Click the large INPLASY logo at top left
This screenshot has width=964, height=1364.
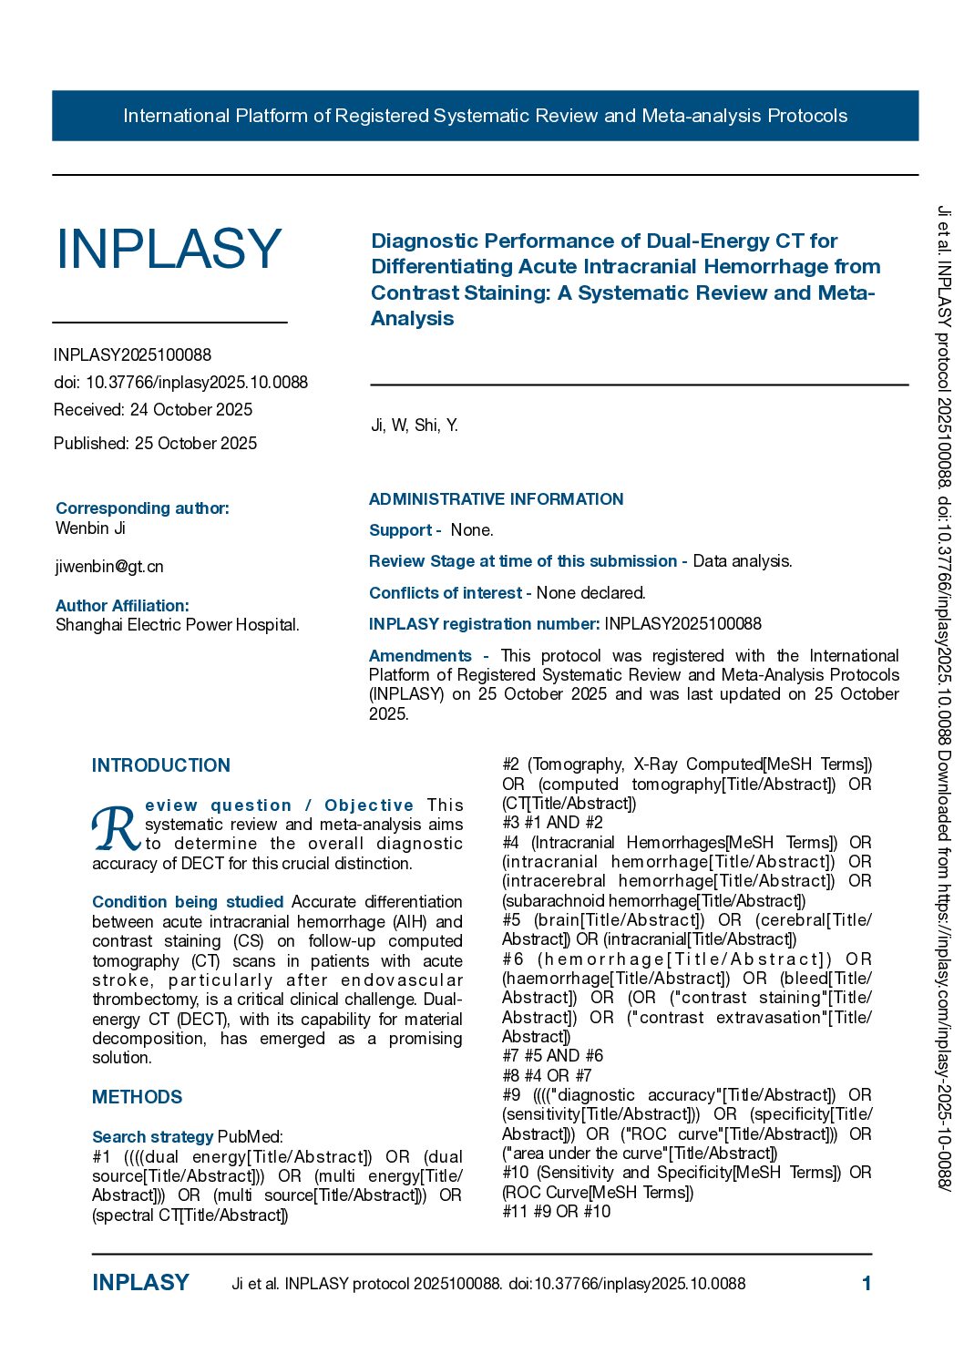coord(169,249)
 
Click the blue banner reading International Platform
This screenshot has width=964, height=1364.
coord(485,116)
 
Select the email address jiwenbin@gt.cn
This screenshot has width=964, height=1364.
coord(109,567)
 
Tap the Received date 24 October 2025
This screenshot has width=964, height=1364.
coord(153,410)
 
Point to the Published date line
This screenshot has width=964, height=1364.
coord(155,444)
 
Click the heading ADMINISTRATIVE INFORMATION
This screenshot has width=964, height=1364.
coord(496,499)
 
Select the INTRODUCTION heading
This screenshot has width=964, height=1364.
coord(161,765)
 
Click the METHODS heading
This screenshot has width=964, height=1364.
coord(137,1097)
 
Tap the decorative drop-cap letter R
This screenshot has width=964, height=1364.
coord(116,827)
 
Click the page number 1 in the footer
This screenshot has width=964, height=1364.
coord(867,1284)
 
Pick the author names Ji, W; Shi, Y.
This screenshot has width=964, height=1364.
coord(414,426)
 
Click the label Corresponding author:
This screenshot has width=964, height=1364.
coord(142,508)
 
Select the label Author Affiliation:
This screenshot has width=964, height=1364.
coord(122,606)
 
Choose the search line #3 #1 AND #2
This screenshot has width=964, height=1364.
coord(552,823)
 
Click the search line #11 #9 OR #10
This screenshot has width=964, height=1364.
coord(556,1212)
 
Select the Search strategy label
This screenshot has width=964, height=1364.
coord(152,1137)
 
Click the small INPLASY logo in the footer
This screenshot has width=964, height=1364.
coord(140,1283)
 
